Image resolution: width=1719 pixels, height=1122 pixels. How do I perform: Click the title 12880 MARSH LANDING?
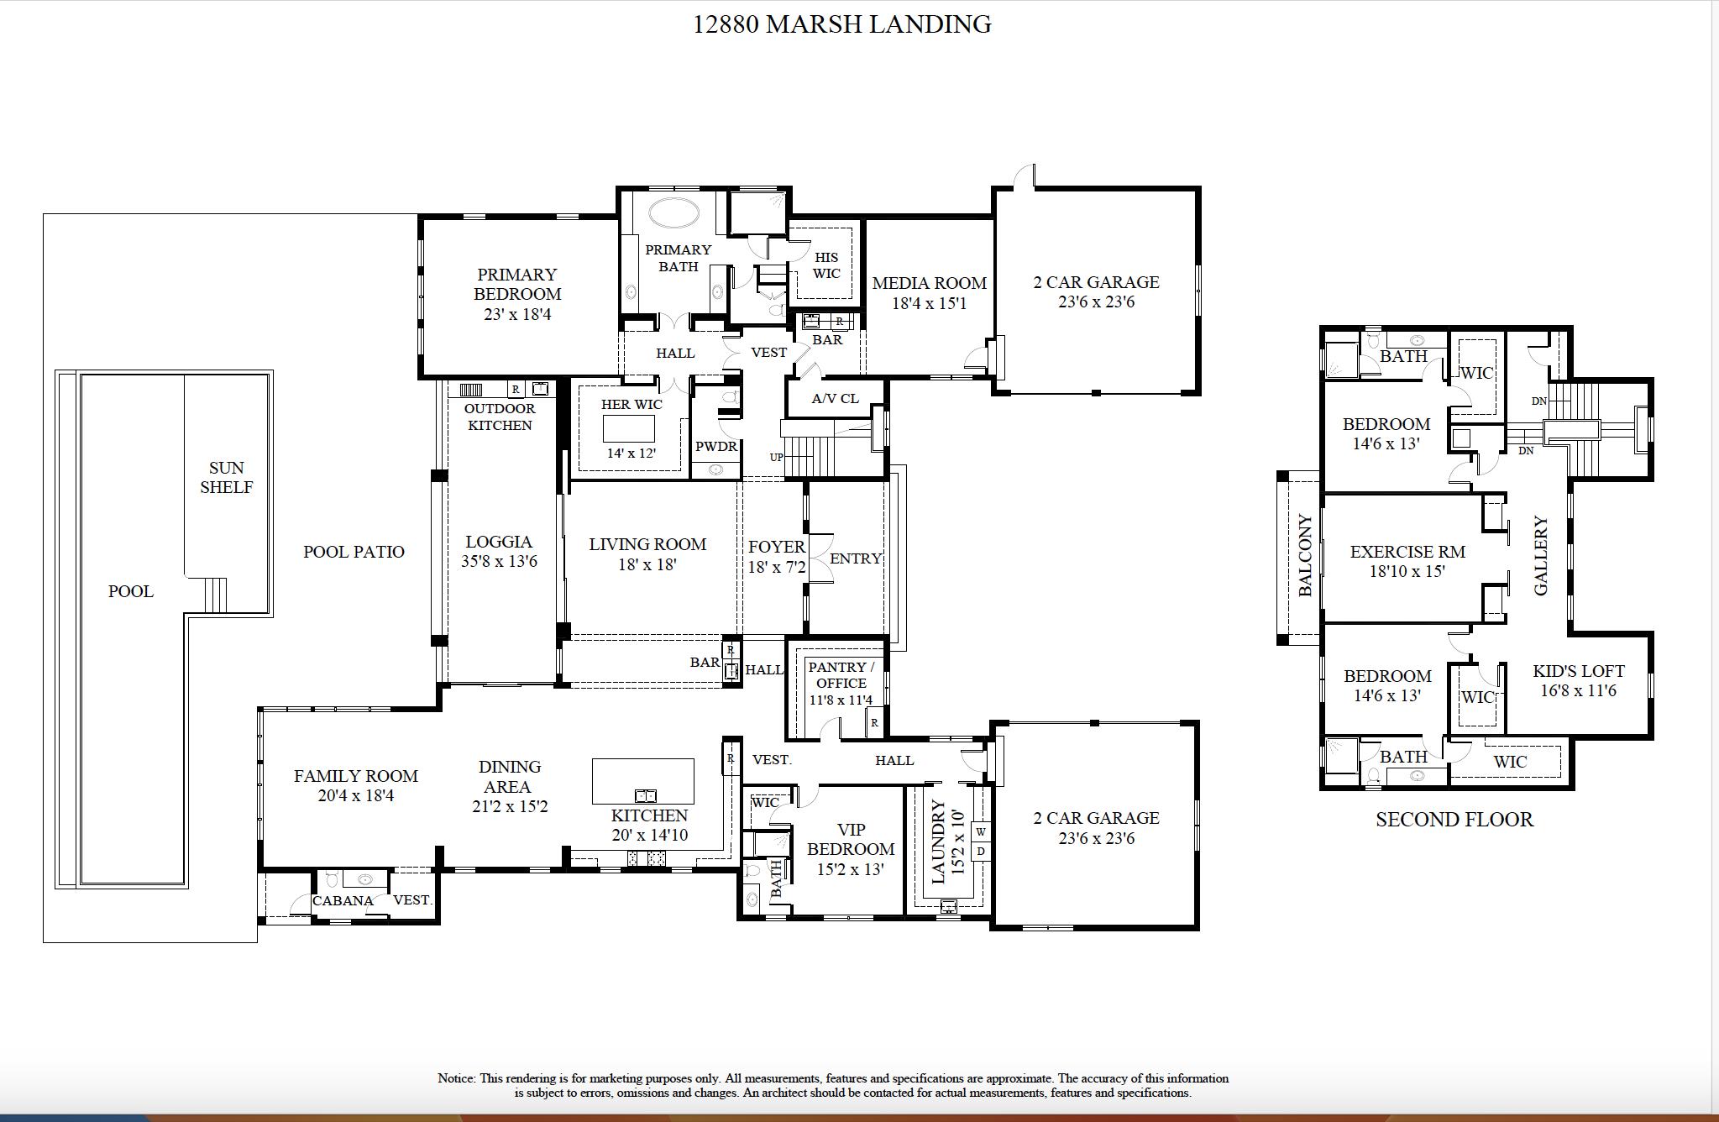(841, 24)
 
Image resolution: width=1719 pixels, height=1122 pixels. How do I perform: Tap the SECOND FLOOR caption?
(1454, 820)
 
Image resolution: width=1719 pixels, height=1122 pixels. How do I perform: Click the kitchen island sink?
(645, 794)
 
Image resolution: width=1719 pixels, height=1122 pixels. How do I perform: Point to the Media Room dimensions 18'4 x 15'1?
(929, 303)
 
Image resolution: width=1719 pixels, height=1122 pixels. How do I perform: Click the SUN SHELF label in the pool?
(226, 477)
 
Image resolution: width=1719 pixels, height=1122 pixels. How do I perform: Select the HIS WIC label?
(825, 265)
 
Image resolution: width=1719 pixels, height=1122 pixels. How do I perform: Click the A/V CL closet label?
(835, 399)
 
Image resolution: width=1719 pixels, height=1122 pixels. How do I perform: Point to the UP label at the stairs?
(776, 458)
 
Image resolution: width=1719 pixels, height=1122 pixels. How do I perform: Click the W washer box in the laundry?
(980, 832)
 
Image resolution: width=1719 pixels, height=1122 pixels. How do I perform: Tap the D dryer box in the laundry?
(980, 851)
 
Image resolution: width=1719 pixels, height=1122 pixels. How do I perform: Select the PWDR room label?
(715, 447)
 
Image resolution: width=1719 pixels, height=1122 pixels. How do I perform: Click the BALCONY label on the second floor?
(1305, 555)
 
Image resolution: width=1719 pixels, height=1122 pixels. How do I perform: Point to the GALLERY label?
(1541, 555)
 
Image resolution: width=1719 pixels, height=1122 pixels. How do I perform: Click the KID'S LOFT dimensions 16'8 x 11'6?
(1578, 691)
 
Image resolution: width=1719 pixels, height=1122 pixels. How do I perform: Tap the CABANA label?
(343, 900)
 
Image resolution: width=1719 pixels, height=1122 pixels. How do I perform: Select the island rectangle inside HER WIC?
(629, 428)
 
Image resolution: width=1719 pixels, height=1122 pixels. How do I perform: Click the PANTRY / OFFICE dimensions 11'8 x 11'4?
(841, 700)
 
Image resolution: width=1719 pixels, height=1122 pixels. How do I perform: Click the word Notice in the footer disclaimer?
(457, 1078)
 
